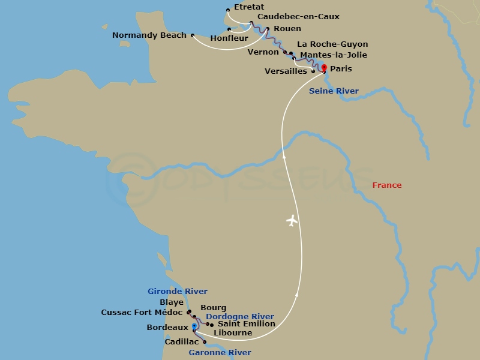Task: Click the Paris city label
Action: tap(341, 69)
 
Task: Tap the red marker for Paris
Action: tap(325, 67)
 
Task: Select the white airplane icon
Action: tap(292, 221)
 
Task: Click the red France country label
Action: tap(387, 185)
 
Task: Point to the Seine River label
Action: tap(334, 91)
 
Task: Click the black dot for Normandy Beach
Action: tap(193, 35)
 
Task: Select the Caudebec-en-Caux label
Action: tap(298, 17)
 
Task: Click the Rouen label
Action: tap(287, 28)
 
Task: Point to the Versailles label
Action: tap(286, 71)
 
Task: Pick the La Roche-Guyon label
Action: tap(332, 44)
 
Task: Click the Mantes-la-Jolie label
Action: tap(333, 55)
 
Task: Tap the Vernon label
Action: tap(263, 52)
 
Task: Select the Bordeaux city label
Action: tap(167, 328)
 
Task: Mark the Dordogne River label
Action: tap(239, 317)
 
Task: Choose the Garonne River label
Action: tap(220, 353)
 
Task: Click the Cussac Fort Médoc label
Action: tap(142, 313)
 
